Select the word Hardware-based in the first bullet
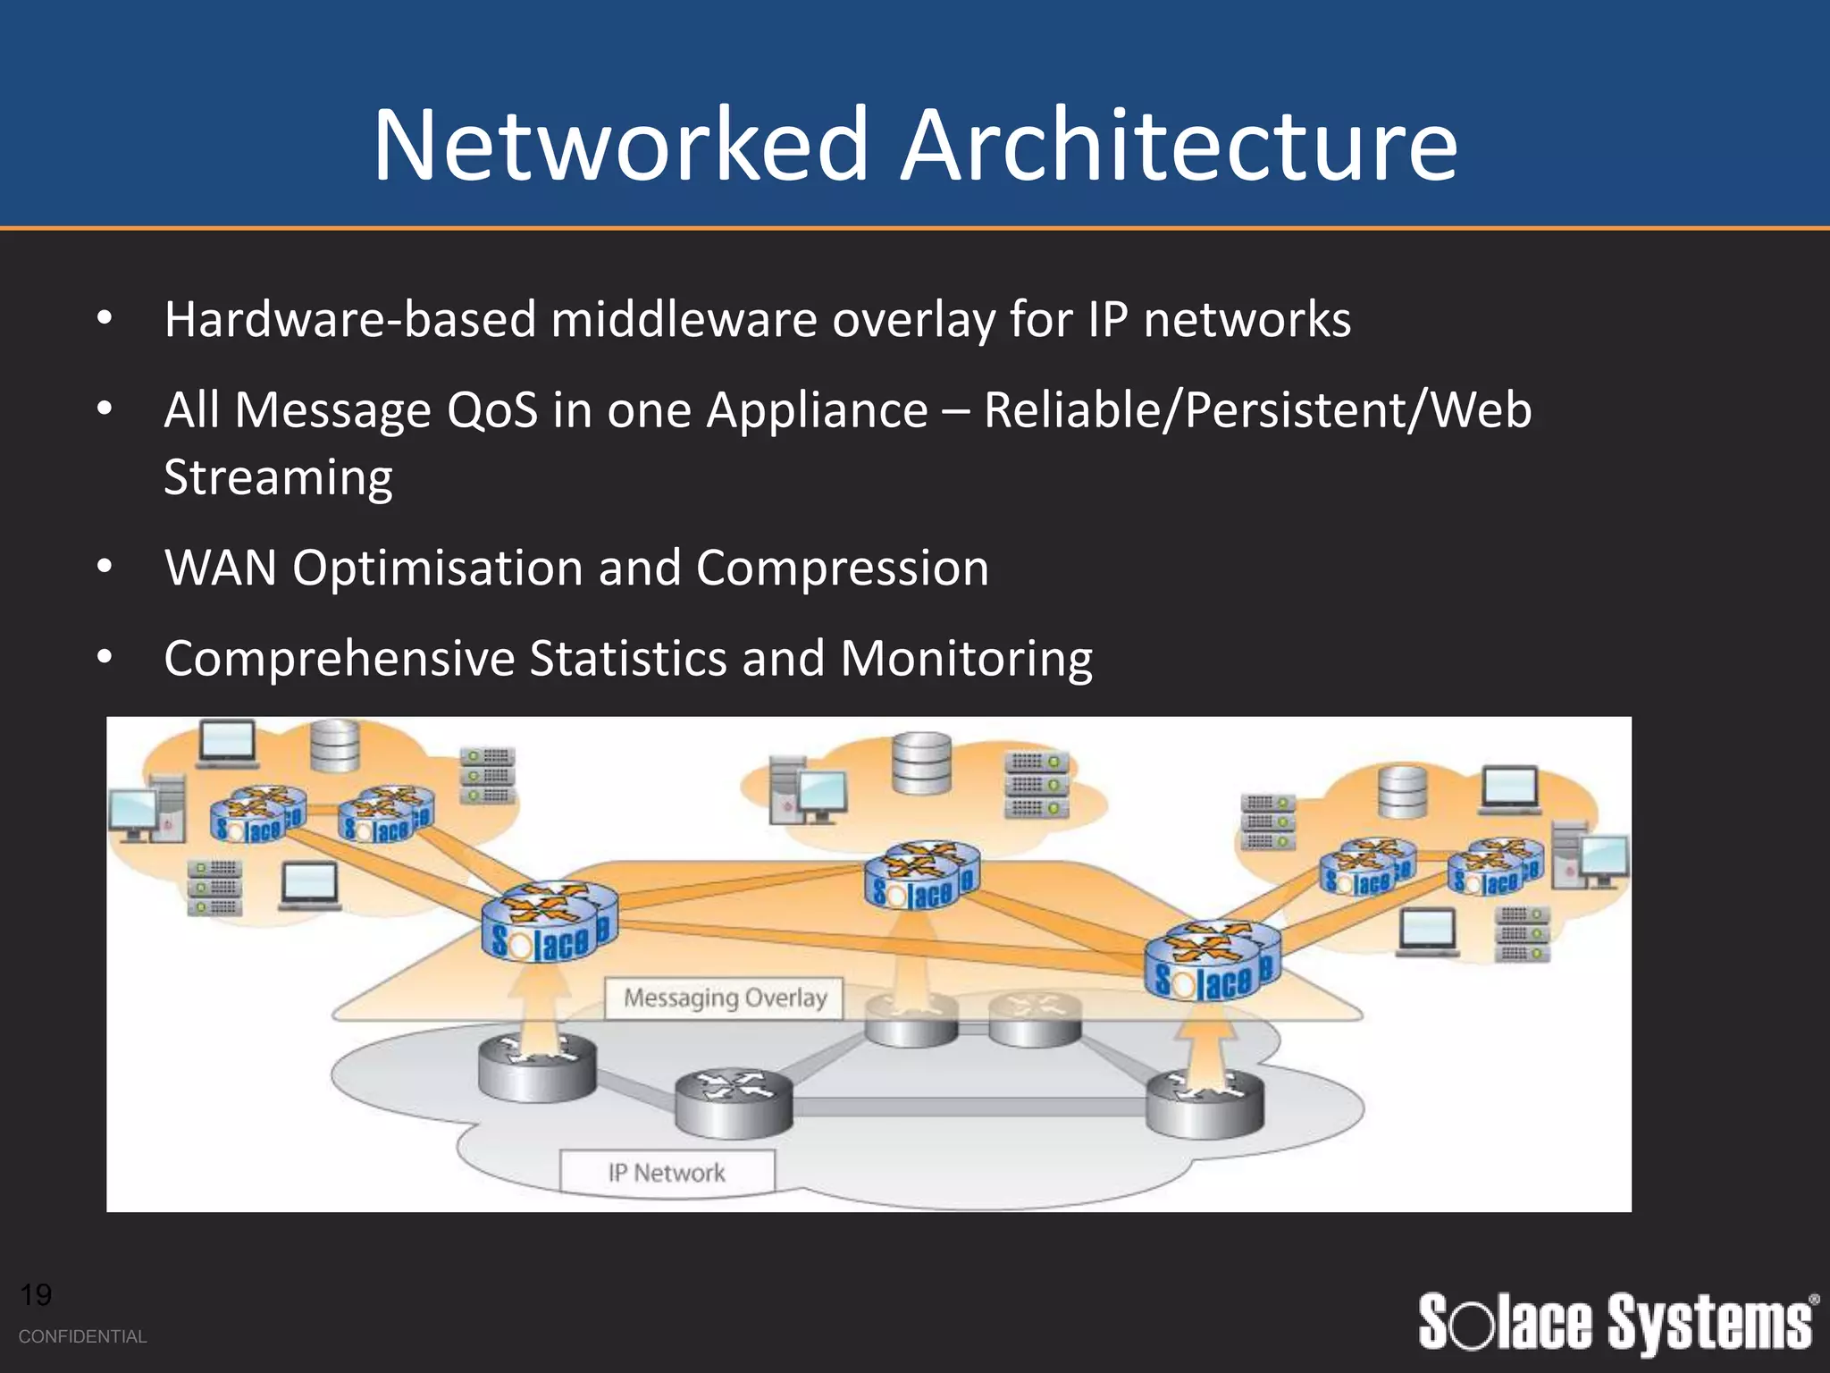[349, 319]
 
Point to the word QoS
[492, 410]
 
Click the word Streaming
[278, 478]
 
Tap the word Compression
[842, 568]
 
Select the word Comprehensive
[340, 659]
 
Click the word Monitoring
[966, 659]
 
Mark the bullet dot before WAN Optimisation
[105, 567]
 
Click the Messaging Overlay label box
[725, 998]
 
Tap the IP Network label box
[667, 1172]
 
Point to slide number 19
[36, 1294]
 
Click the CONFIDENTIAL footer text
[82, 1336]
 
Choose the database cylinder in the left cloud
[335, 745]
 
